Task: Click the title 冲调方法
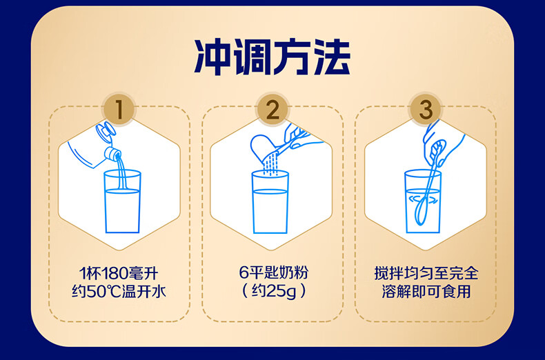(272, 57)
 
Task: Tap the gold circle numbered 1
(119, 110)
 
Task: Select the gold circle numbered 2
(273, 110)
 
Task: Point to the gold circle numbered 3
(426, 110)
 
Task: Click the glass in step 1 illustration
(122, 201)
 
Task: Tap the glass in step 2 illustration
(270, 202)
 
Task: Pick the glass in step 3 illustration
(423, 201)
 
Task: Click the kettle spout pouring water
(113, 153)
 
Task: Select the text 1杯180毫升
(119, 273)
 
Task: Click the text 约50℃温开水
(119, 291)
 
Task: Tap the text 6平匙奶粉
(274, 272)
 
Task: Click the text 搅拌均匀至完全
(426, 273)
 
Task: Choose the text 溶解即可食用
(426, 291)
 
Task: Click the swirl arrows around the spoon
(423, 199)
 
